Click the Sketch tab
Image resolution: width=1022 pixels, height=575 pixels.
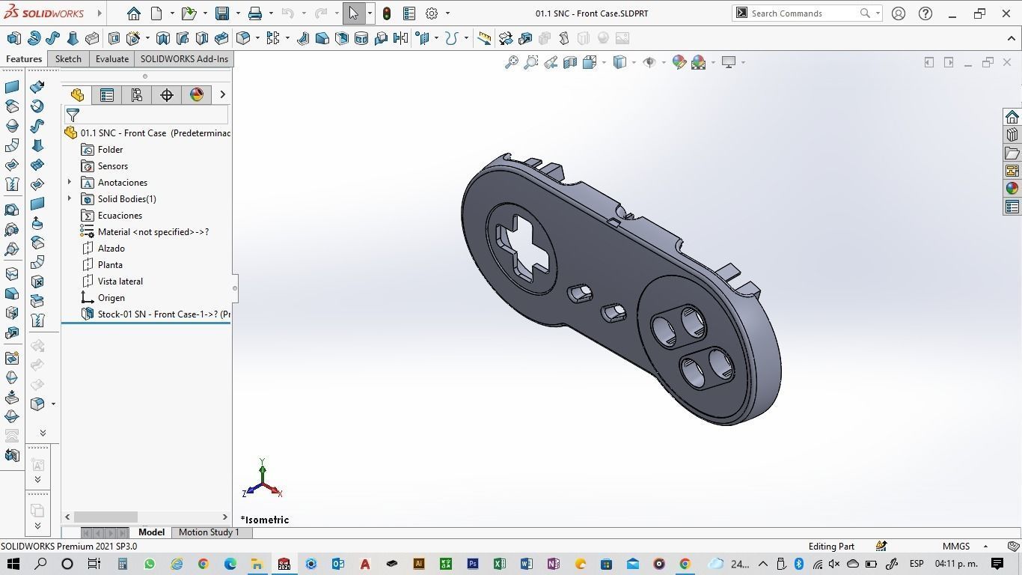(68, 59)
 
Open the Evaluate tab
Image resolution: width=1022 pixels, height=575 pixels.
(111, 59)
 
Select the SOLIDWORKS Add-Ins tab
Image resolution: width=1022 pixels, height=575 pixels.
(184, 59)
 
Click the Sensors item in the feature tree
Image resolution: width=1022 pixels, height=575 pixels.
(112, 166)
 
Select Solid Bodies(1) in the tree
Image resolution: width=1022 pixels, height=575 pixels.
(126, 199)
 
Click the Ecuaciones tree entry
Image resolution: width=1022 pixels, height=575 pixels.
(120, 216)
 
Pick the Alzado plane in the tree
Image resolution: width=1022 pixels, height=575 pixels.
(111, 249)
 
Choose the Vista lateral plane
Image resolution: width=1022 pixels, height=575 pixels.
(120, 282)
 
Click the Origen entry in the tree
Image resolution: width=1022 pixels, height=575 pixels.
(111, 298)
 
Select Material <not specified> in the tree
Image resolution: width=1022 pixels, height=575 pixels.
(153, 232)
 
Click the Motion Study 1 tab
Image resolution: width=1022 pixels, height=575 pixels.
(209, 532)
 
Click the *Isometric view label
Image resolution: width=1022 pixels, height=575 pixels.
(265, 520)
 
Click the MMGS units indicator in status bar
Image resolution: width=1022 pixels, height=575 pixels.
(956, 547)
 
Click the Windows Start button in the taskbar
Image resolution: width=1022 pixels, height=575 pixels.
(13, 564)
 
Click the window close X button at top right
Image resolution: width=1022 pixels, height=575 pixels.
(1006, 13)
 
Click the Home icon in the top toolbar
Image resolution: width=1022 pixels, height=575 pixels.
(133, 13)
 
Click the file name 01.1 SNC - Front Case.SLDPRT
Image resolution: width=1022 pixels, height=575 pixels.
(592, 13)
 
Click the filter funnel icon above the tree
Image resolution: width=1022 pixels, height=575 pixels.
(73, 115)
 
